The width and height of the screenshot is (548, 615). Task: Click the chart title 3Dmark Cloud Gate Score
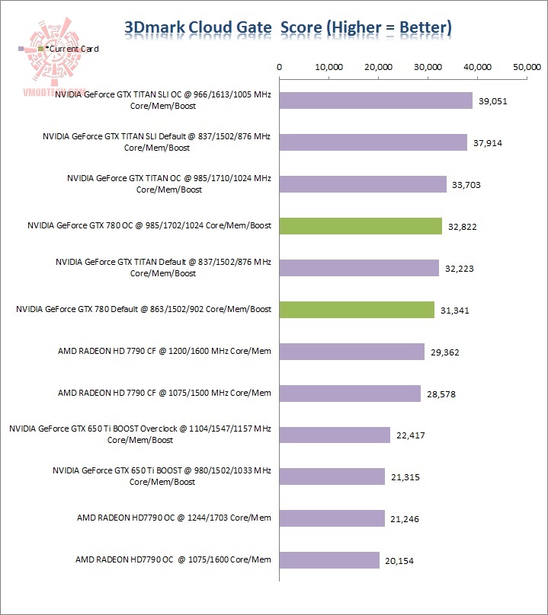[x=287, y=28]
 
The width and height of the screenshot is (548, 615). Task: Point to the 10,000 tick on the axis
[x=328, y=67]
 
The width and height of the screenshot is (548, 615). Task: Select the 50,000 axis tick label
[x=527, y=67]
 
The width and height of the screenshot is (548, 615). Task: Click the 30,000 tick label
[x=428, y=67]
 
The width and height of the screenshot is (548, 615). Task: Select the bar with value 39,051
[x=376, y=100]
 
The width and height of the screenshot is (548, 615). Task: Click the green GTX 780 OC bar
[x=361, y=225]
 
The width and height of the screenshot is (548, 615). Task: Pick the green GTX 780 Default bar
[x=357, y=309]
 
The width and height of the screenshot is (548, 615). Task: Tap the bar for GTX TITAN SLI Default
[x=373, y=142]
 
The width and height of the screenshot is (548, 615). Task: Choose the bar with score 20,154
[x=329, y=560]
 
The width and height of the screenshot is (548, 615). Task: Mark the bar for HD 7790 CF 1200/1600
[x=352, y=351]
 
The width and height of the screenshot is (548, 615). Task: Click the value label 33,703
[x=466, y=185]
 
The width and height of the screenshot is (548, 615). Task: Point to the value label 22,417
[x=409, y=436]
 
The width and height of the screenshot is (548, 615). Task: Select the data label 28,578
[x=440, y=394]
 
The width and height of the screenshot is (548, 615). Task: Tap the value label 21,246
[x=404, y=520]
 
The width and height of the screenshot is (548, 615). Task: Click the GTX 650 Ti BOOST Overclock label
[x=140, y=435]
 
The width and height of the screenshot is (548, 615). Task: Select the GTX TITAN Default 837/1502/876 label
[x=163, y=267]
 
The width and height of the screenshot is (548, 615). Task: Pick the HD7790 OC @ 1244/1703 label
[x=174, y=518]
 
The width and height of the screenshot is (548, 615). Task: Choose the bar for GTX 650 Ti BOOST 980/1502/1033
[x=332, y=476]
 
